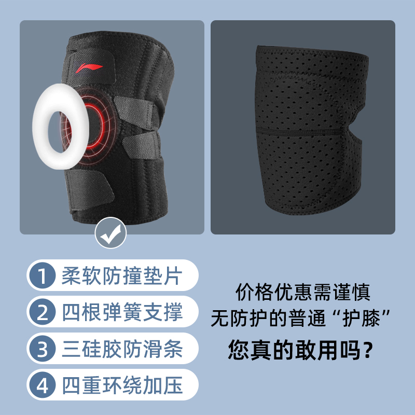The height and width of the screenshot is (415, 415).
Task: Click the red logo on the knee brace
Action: tap(89, 68)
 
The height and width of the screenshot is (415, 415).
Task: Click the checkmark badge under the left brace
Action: tap(110, 233)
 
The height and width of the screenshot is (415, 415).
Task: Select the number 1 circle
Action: tap(43, 275)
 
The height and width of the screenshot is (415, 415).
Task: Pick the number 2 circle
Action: tap(43, 312)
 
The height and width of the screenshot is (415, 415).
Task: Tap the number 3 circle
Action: tap(43, 348)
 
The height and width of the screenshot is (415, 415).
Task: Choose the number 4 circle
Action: tap(43, 385)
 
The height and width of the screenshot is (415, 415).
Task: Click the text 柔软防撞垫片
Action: tap(122, 275)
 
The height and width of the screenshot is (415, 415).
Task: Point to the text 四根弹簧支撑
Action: tap(122, 312)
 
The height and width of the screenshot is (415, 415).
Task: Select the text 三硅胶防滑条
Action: tap(122, 349)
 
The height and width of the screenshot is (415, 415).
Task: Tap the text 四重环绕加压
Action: tap(122, 385)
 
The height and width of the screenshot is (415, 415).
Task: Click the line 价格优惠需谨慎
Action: tap(303, 292)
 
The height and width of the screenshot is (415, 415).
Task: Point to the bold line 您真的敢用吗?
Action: tap(301, 350)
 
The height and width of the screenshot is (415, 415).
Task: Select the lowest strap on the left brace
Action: tap(89, 187)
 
